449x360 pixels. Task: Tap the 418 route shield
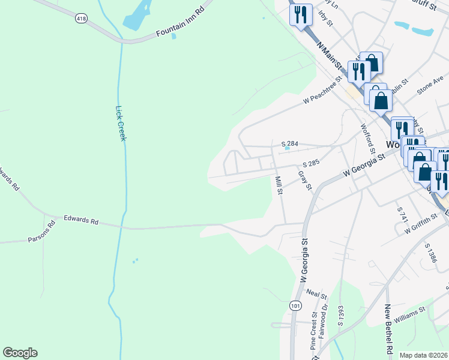coord(81,19)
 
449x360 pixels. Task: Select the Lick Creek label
coord(120,124)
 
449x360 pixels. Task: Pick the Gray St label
coord(306,180)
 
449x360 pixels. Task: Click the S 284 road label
coord(290,144)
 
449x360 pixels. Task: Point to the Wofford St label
coord(367,137)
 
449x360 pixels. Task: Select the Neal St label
coord(316,293)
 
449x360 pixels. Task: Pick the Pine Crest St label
coord(313,331)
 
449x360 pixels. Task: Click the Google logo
coord(20,353)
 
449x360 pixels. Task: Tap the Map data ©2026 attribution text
coord(423,355)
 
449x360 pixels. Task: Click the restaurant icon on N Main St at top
coord(301,14)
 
